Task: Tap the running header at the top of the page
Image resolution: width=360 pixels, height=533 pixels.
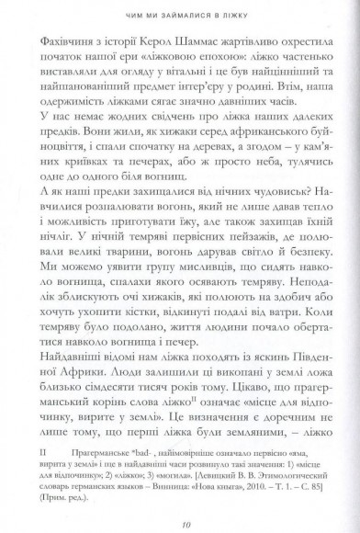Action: [182, 14]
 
